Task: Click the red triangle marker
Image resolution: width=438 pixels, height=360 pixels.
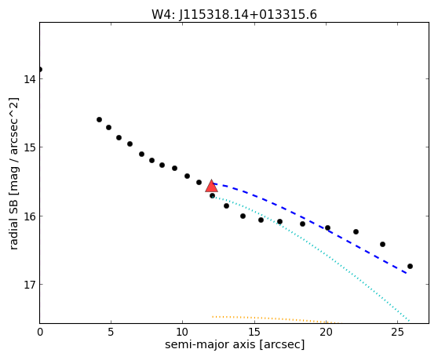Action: (x=211, y=186)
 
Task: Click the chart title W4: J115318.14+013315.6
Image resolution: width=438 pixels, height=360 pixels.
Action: (x=234, y=14)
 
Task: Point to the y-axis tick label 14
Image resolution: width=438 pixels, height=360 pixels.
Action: (x=30, y=79)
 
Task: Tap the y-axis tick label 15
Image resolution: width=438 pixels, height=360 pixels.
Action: (x=30, y=147)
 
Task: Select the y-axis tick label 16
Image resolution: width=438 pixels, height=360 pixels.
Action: (x=30, y=216)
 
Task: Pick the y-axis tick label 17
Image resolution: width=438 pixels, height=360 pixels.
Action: (x=30, y=285)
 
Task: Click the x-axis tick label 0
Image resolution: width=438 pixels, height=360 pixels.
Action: (x=40, y=332)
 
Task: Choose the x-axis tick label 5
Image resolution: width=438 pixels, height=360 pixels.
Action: (x=111, y=332)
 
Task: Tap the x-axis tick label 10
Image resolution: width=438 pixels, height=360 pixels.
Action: (x=182, y=332)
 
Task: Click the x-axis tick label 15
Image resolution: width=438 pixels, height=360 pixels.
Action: (x=254, y=332)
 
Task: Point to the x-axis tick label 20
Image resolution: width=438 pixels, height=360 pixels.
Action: (x=326, y=332)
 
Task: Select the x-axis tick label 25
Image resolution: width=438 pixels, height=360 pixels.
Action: (x=397, y=332)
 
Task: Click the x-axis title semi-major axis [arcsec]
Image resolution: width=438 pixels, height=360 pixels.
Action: (x=235, y=344)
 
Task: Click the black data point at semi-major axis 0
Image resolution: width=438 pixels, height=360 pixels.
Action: (x=40, y=69)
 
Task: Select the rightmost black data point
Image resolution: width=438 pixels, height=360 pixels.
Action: (x=410, y=266)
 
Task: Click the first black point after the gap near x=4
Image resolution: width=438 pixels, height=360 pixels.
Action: (x=99, y=120)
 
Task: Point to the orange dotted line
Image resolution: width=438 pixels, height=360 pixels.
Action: (x=276, y=319)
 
